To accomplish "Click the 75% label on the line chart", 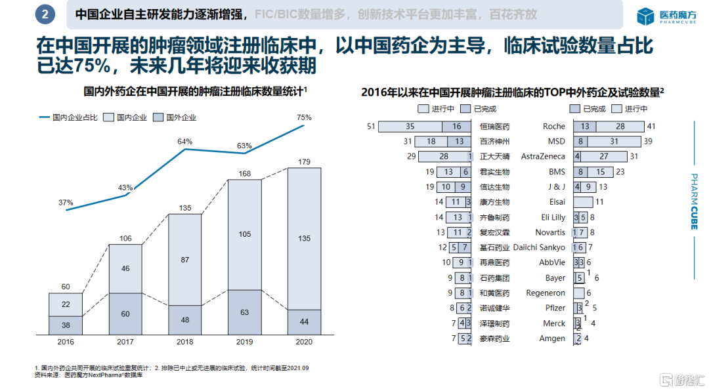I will pos(304,117).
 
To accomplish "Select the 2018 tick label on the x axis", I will pos(184,342).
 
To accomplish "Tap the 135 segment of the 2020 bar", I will pos(304,239).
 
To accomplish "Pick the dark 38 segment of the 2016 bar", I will pos(66,325).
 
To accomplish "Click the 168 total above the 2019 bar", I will pos(245,173).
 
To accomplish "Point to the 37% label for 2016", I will pos(66,203).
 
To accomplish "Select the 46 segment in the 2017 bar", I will pos(125,268).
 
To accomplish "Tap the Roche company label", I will pos(554,127).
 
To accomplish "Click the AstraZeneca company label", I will pos(543,157).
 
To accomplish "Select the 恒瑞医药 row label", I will pos(494,127).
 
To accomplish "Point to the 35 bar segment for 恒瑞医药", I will pos(410,127).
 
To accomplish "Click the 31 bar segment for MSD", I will pos(614,142).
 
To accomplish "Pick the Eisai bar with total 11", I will pos(583,202).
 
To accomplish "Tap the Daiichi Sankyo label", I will pos(538,247).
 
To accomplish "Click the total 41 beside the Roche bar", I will pos(652,127).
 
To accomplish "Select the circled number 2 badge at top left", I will pos(45,14).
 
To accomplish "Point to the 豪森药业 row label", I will pos(494,339).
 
